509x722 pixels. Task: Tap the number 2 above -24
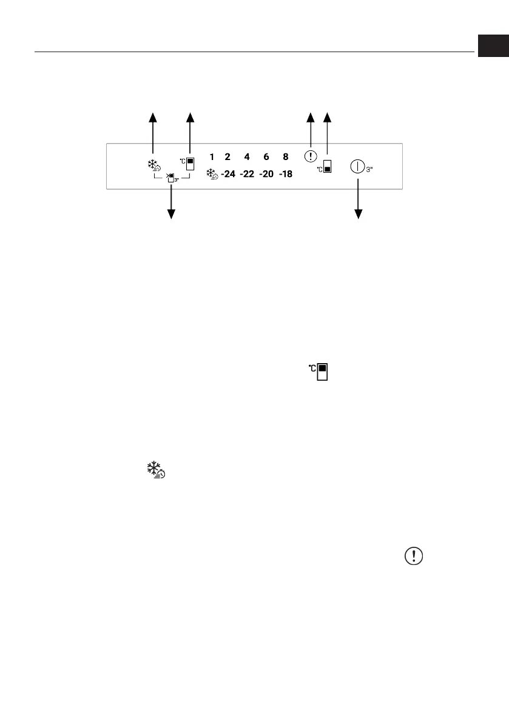pyautogui.click(x=228, y=156)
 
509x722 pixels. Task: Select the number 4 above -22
pyautogui.click(x=247, y=156)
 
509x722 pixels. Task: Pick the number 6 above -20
pyautogui.click(x=266, y=156)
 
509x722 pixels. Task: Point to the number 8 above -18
pyautogui.click(x=286, y=156)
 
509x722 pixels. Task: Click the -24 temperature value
pyautogui.click(x=228, y=175)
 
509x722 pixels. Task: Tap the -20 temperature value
pyautogui.click(x=266, y=175)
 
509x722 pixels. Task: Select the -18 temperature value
pyautogui.click(x=285, y=175)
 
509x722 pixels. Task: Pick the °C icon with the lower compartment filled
pyautogui.click(x=326, y=167)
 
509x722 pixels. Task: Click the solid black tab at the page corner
pyautogui.click(x=492, y=46)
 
